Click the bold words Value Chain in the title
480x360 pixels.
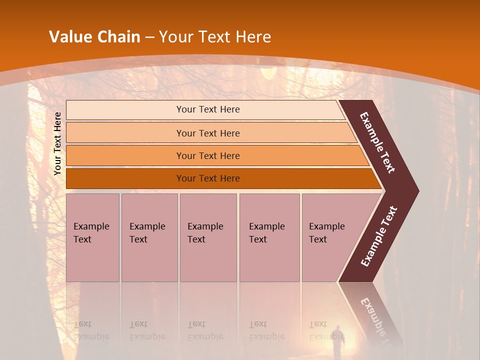click(94, 37)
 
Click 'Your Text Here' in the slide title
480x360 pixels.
click(215, 37)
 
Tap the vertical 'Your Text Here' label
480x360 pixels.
click(57, 143)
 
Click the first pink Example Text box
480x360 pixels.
click(92, 237)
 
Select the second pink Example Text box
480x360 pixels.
click(149, 237)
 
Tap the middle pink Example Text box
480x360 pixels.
click(208, 237)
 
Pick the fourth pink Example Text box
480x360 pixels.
click(269, 237)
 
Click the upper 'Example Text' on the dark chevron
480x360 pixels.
click(377, 142)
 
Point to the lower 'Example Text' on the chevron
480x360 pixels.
click(379, 236)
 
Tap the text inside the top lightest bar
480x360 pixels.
click(208, 109)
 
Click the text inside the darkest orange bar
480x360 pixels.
click(208, 178)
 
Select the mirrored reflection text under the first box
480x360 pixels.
click(91, 330)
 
